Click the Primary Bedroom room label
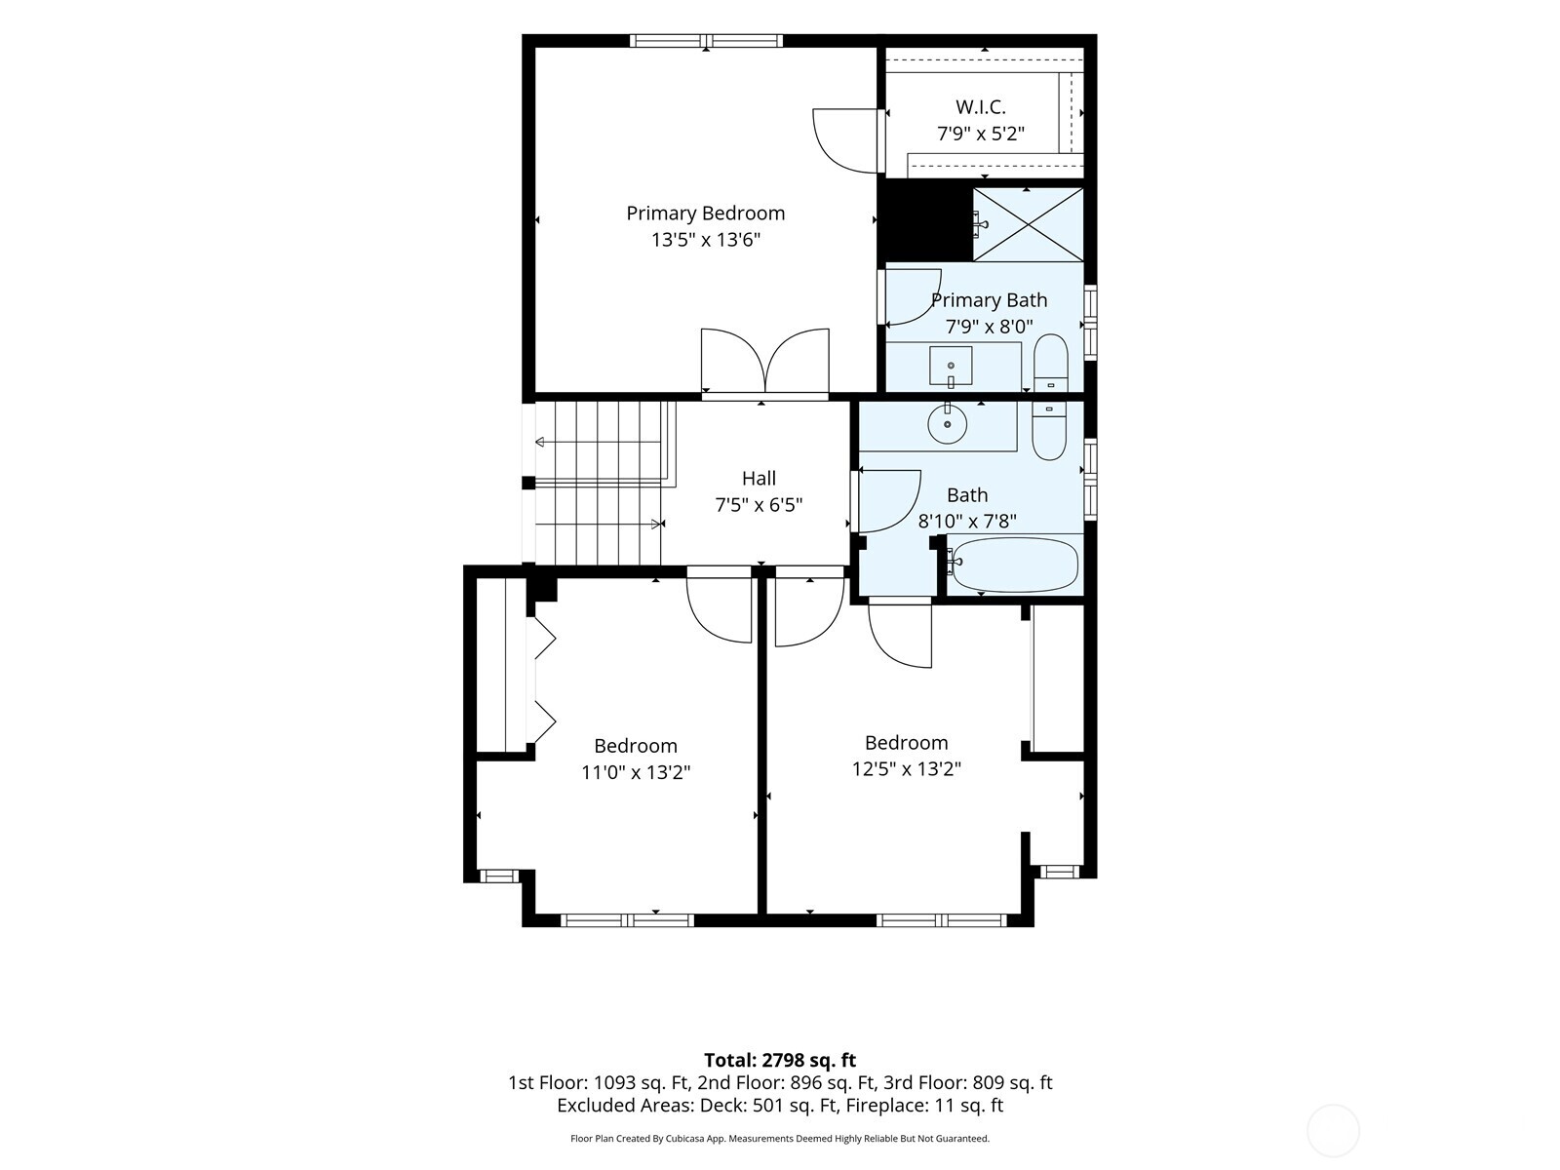coord(705,214)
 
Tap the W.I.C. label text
coord(980,107)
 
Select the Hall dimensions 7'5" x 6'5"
coord(759,505)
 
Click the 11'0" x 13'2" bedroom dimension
coord(636,771)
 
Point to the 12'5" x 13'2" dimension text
coord(906,768)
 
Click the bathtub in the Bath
coord(1014,565)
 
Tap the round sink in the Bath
coord(948,424)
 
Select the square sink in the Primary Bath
coord(951,366)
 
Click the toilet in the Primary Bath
coord(1050,363)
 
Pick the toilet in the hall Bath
coord(1049,431)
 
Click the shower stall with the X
coord(1028,224)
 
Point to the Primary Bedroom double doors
coord(764,362)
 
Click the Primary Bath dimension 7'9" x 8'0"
coord(989,327)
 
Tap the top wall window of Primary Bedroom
coord(706,41)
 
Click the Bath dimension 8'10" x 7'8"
coord(966,522)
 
